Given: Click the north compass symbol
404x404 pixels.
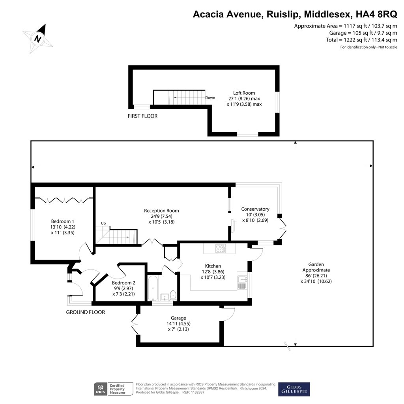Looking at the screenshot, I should coord(38,38).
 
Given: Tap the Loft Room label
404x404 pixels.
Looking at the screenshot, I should coord(244,93).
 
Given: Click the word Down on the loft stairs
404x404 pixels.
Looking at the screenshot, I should coord(210,97).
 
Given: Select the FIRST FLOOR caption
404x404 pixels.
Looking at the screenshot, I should coord(142,116).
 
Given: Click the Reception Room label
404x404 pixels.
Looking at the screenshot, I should coord(161,211).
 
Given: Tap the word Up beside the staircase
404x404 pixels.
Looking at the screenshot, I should coord(104,223).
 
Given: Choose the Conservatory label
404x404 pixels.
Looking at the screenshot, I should coord(255,209).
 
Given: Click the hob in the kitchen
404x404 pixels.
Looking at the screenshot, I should coord(220,249).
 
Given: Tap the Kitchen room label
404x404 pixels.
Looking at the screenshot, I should coord(213,266).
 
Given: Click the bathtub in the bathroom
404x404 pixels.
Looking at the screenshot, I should coord(152,288).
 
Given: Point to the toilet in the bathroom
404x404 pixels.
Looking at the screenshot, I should coord(172,294).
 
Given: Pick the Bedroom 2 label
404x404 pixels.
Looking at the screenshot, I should coord(123,283).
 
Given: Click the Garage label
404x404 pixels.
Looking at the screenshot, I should coord(178,318).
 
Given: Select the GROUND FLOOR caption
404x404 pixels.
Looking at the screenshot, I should coord(85,312).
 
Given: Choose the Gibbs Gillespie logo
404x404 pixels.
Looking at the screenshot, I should coord(294,389).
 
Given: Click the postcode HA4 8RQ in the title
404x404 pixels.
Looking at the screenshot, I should coord(375,15).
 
